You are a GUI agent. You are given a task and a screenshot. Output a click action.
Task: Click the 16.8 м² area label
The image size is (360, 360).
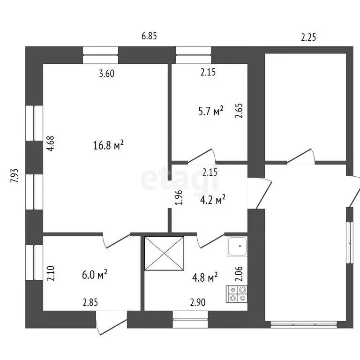[x=108, y=146]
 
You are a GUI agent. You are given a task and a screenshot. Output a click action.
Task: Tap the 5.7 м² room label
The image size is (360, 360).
[x=210, y=111]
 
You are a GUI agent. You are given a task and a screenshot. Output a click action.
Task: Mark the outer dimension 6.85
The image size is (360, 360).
[x=149, y=36]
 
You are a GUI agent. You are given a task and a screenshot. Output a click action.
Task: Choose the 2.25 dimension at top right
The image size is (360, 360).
[x=308, y=38]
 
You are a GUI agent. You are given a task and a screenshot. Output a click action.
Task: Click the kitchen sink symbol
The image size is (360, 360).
[x=238, y=247]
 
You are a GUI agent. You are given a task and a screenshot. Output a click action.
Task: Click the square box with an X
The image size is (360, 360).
[x=164, y=253]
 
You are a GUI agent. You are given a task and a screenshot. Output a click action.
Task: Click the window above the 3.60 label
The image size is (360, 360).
[x=100, y=54]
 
